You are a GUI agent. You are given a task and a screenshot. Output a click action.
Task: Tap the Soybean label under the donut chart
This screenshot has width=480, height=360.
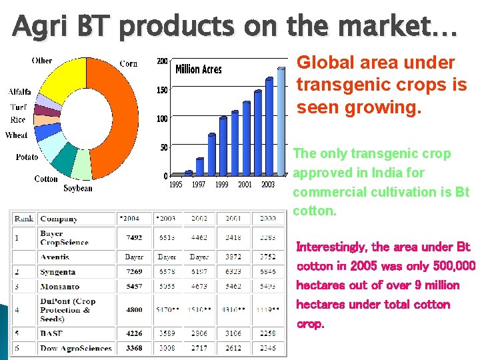(78, 189)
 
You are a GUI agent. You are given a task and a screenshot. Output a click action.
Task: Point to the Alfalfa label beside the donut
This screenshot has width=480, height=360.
(19, 92)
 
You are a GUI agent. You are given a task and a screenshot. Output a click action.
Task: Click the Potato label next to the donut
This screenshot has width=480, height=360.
(27, 157)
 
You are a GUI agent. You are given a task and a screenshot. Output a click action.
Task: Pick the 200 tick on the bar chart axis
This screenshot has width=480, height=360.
(162, 61)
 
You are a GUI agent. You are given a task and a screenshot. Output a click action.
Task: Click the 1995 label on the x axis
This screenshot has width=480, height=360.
(176, 185)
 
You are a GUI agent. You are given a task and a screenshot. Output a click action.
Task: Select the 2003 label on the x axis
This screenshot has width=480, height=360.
(268, 185)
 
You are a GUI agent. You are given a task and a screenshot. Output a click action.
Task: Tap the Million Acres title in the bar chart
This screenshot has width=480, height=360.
(198, 69)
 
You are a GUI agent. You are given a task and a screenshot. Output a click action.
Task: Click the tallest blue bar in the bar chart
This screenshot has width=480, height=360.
(269, 127)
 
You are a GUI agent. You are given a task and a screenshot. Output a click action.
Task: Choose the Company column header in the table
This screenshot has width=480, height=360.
(59, 219)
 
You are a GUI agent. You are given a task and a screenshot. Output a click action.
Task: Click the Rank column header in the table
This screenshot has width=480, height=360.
(24, 219)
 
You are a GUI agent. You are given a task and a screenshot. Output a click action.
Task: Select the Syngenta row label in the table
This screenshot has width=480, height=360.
(57, 272)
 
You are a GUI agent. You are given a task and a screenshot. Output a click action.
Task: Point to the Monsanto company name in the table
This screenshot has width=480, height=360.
(59, 287)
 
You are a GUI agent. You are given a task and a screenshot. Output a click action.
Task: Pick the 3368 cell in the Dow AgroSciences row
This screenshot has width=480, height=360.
(133, 348)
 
